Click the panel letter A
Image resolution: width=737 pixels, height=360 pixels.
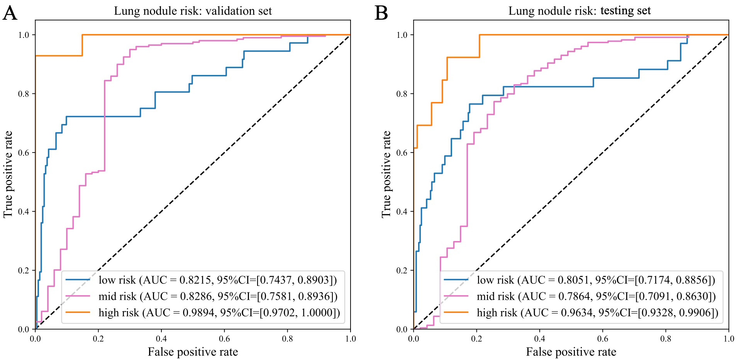10,13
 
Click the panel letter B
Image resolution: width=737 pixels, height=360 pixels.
381,13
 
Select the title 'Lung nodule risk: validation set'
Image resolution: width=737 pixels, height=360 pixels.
193,11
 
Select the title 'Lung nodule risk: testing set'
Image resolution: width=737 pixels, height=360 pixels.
579,11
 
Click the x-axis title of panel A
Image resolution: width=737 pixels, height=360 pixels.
193,352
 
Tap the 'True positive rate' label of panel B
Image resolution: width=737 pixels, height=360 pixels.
386,174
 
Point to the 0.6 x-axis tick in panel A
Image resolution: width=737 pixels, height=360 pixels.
224,339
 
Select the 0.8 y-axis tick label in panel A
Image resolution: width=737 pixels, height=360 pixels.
24,94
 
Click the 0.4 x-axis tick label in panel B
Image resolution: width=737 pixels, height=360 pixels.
539,339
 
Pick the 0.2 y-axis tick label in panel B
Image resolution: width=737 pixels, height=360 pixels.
402,270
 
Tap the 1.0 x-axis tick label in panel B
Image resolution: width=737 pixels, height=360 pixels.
729,339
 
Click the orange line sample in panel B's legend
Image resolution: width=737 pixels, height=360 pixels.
456,312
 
